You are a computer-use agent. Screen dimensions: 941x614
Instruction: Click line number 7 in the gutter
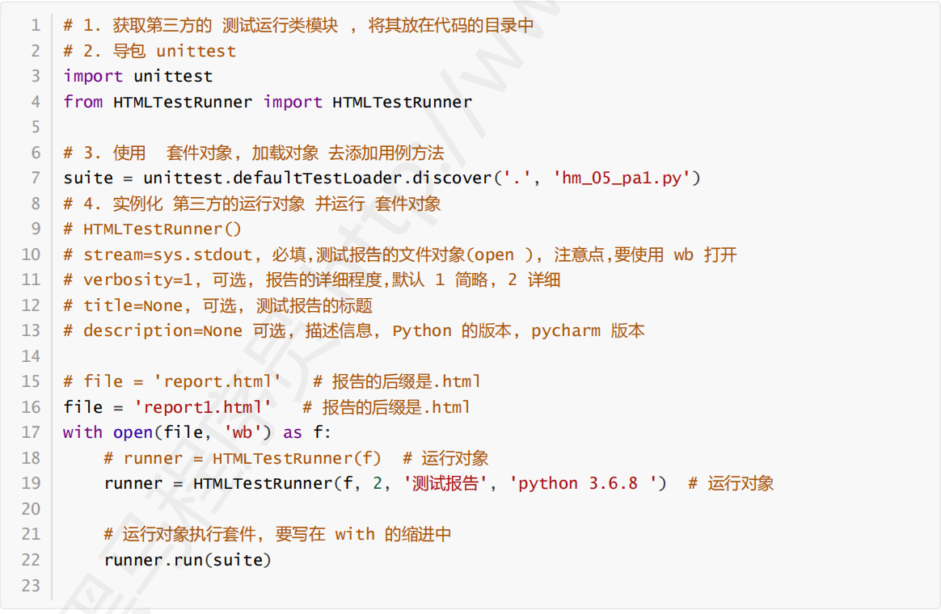click(35, 178)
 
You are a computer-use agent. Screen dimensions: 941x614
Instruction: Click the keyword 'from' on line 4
click(83, 102)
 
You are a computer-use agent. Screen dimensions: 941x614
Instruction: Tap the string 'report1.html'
click(203, 407)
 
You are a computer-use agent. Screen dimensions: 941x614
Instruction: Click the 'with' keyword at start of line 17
click(82, 432)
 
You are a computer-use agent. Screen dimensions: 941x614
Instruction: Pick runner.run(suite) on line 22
click(188, 560)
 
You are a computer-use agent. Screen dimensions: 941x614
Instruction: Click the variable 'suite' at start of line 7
click(87, 178)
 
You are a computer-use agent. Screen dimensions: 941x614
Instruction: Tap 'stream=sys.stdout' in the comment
click(168, 254)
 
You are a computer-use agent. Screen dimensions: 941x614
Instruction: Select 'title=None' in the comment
click(133, 305)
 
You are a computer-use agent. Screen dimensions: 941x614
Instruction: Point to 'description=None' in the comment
click(162, 331)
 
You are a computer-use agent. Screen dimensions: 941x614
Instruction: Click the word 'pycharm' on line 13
click(566, 331)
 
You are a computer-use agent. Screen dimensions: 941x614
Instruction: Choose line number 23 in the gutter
click(31, 585)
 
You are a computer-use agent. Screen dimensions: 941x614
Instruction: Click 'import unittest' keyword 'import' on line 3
click(93, 76)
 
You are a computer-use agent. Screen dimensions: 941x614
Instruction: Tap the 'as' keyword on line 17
click(292, 432)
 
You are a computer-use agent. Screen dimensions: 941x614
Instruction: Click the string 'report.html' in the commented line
click(222, 381)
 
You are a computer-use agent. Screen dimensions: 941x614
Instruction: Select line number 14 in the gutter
click(31, 356)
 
